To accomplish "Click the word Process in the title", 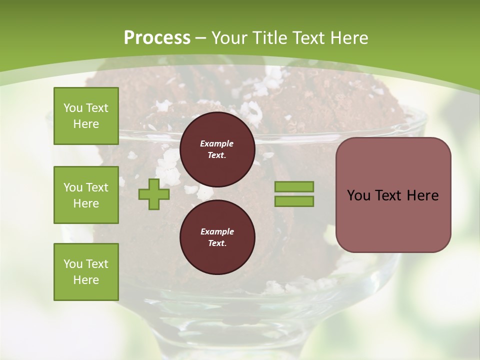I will (157, 38).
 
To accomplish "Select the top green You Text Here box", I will (86, 116).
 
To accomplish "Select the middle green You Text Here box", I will (86, 195).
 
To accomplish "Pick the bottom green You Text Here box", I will (86, 271).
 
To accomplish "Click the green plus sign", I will (154, 194).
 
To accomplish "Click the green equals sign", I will (294, 194).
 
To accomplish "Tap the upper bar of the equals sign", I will (294, 187).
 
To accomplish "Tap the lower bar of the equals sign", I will (294, 201).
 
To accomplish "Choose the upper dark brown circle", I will (217, 149).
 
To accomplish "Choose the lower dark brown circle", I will (217, 237).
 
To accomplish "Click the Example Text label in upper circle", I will (217, 149).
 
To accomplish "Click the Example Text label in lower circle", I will (217, 237).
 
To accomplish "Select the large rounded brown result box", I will (393, 194).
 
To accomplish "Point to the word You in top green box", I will (73, 108).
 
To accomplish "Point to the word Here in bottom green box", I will (86, 280).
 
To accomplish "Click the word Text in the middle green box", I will (97, 187).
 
